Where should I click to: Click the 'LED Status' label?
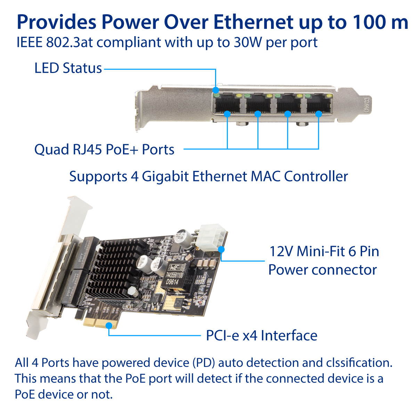tap(68, 68)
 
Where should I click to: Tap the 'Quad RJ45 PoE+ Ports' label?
tap(104, 149)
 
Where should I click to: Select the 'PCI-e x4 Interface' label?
tap(261, 336)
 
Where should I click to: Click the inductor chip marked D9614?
tap(176, 275)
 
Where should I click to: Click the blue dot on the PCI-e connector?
tap(109, 325)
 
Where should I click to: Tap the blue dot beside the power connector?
tap(221, 249)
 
